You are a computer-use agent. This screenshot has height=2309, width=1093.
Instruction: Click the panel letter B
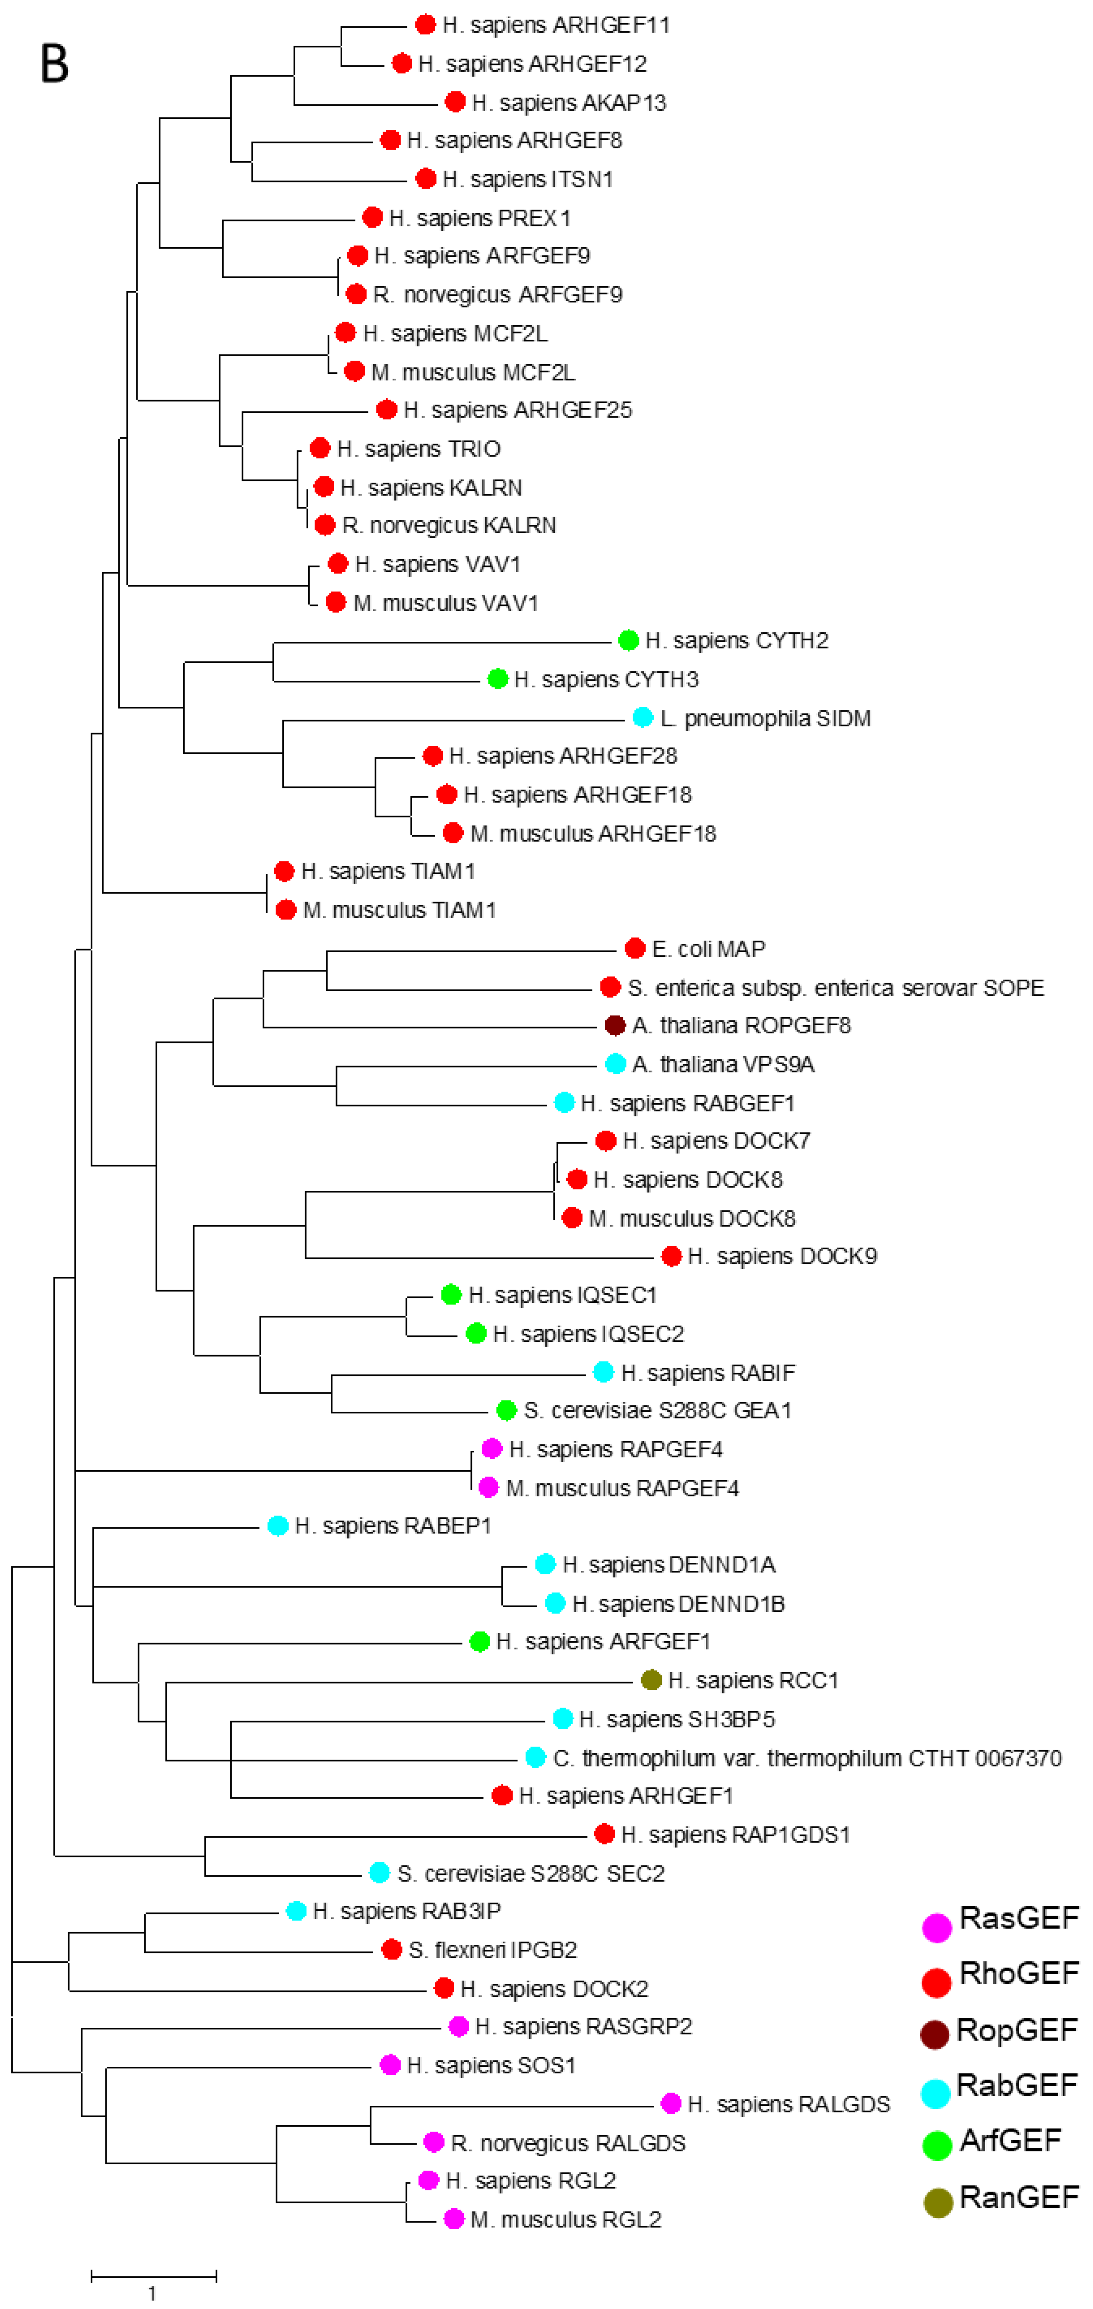(x=55, y=64)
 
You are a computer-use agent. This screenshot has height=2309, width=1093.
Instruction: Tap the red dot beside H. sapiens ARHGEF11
(x=426, y=25)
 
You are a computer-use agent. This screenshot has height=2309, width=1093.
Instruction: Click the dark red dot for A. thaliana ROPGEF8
(x=615, y=1025)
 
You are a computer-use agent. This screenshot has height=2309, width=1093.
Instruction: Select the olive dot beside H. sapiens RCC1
(x=651, y=1680)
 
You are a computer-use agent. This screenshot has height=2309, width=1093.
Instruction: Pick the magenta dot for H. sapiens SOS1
(x=390, y=2065)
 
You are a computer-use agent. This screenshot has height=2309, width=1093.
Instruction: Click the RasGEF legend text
(x=1019, y=1918)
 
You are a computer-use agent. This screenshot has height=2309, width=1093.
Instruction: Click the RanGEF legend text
(x=1019, y=2198)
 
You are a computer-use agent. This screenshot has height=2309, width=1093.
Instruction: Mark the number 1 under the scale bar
(x=152, y=2293)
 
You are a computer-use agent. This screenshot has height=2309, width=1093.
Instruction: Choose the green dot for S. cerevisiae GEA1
(x=506, y=1410)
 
